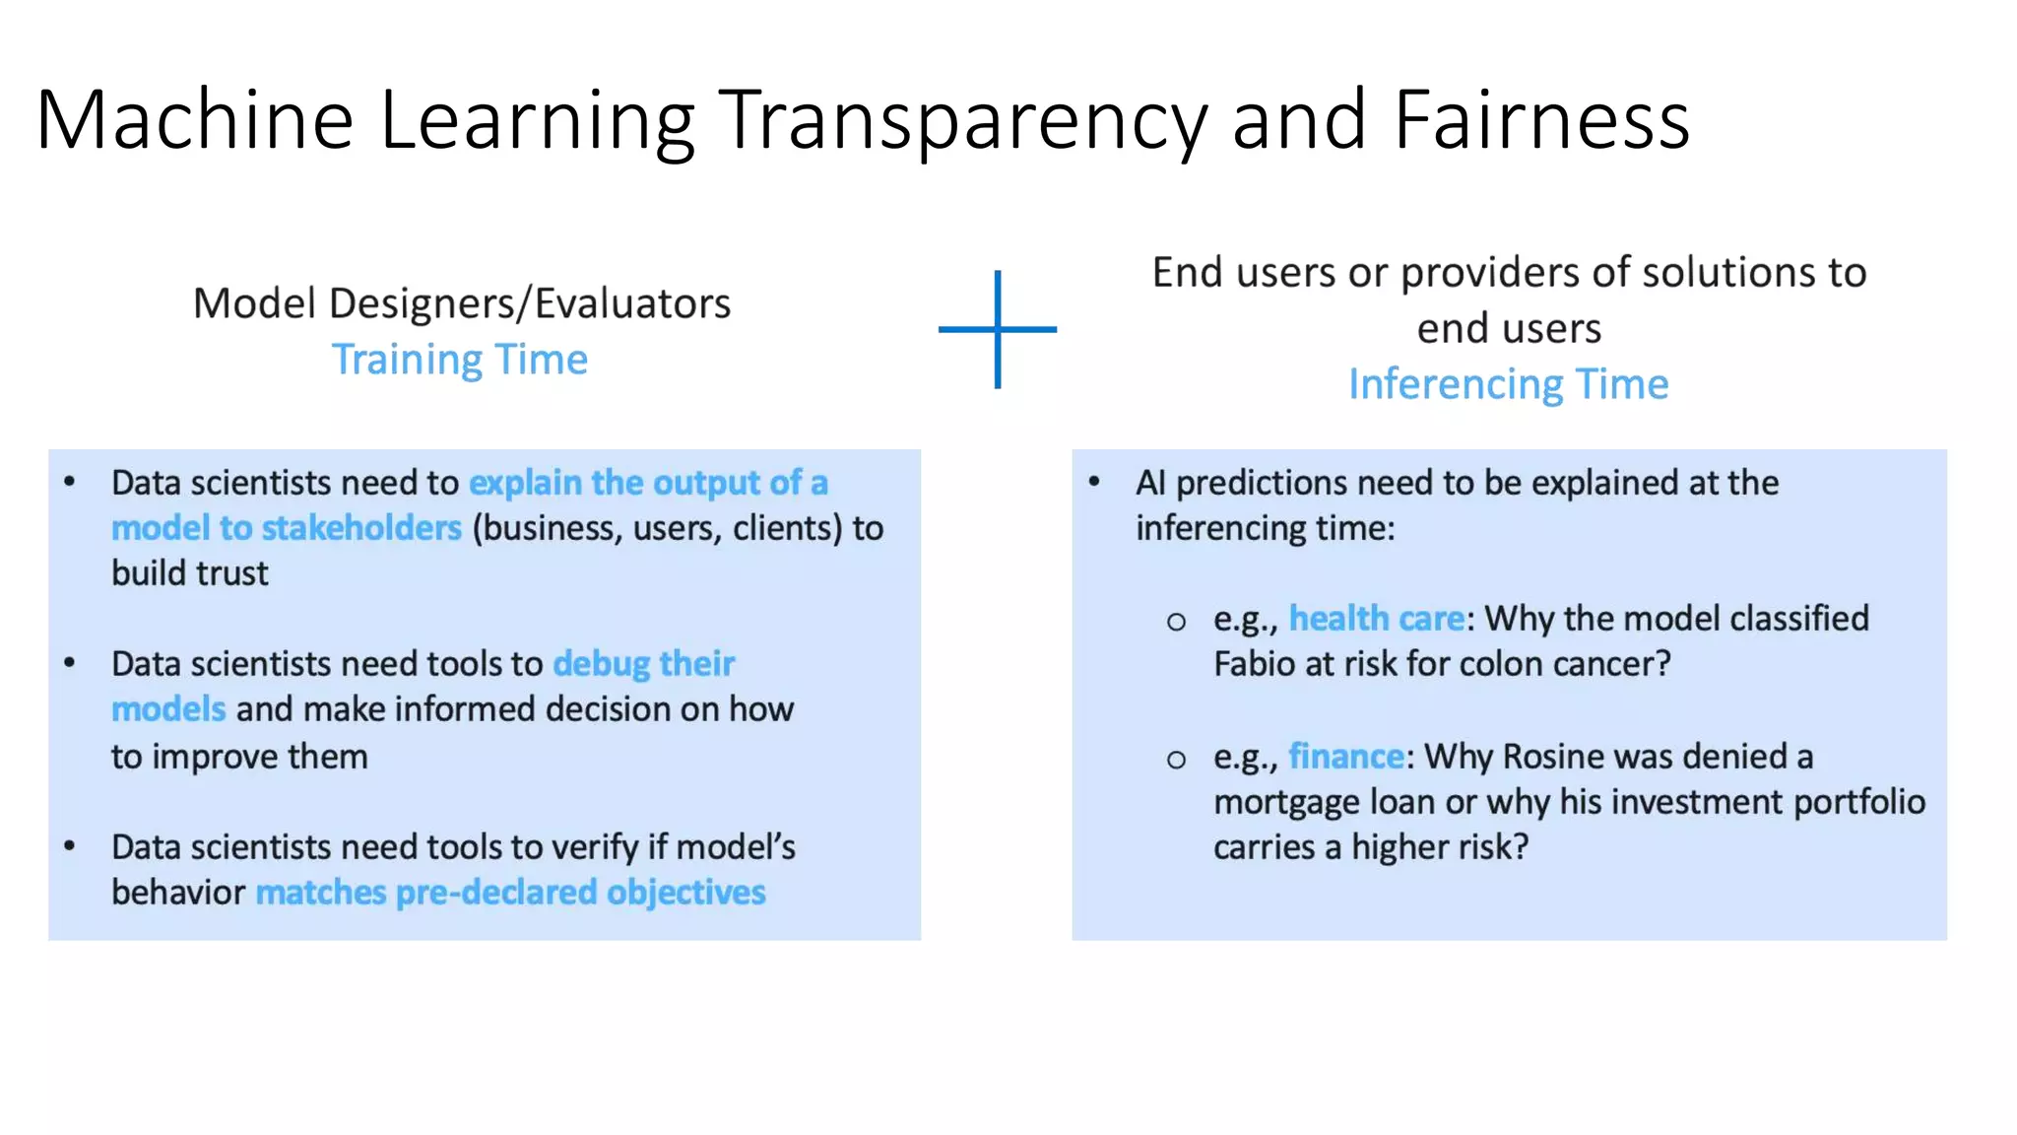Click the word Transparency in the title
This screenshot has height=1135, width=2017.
point(962,120)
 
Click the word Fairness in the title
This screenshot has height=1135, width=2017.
point(1541,120)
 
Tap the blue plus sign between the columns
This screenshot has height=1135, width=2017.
point(998,329)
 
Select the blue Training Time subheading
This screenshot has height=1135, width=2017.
point(459,360)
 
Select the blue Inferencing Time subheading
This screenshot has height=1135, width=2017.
point(1508,384)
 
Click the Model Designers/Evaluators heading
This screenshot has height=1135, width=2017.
point(461,303)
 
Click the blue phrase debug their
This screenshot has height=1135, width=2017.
point(643,664)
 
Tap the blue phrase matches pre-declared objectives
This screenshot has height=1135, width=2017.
point(510,893)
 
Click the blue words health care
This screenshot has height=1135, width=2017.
point(1376,619)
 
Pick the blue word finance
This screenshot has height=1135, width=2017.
point(1345,757)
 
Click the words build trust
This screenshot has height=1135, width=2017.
point(189,573)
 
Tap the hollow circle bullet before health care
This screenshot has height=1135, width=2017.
point(1176,622)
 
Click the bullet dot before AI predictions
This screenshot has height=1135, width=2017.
point(1093,482)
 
